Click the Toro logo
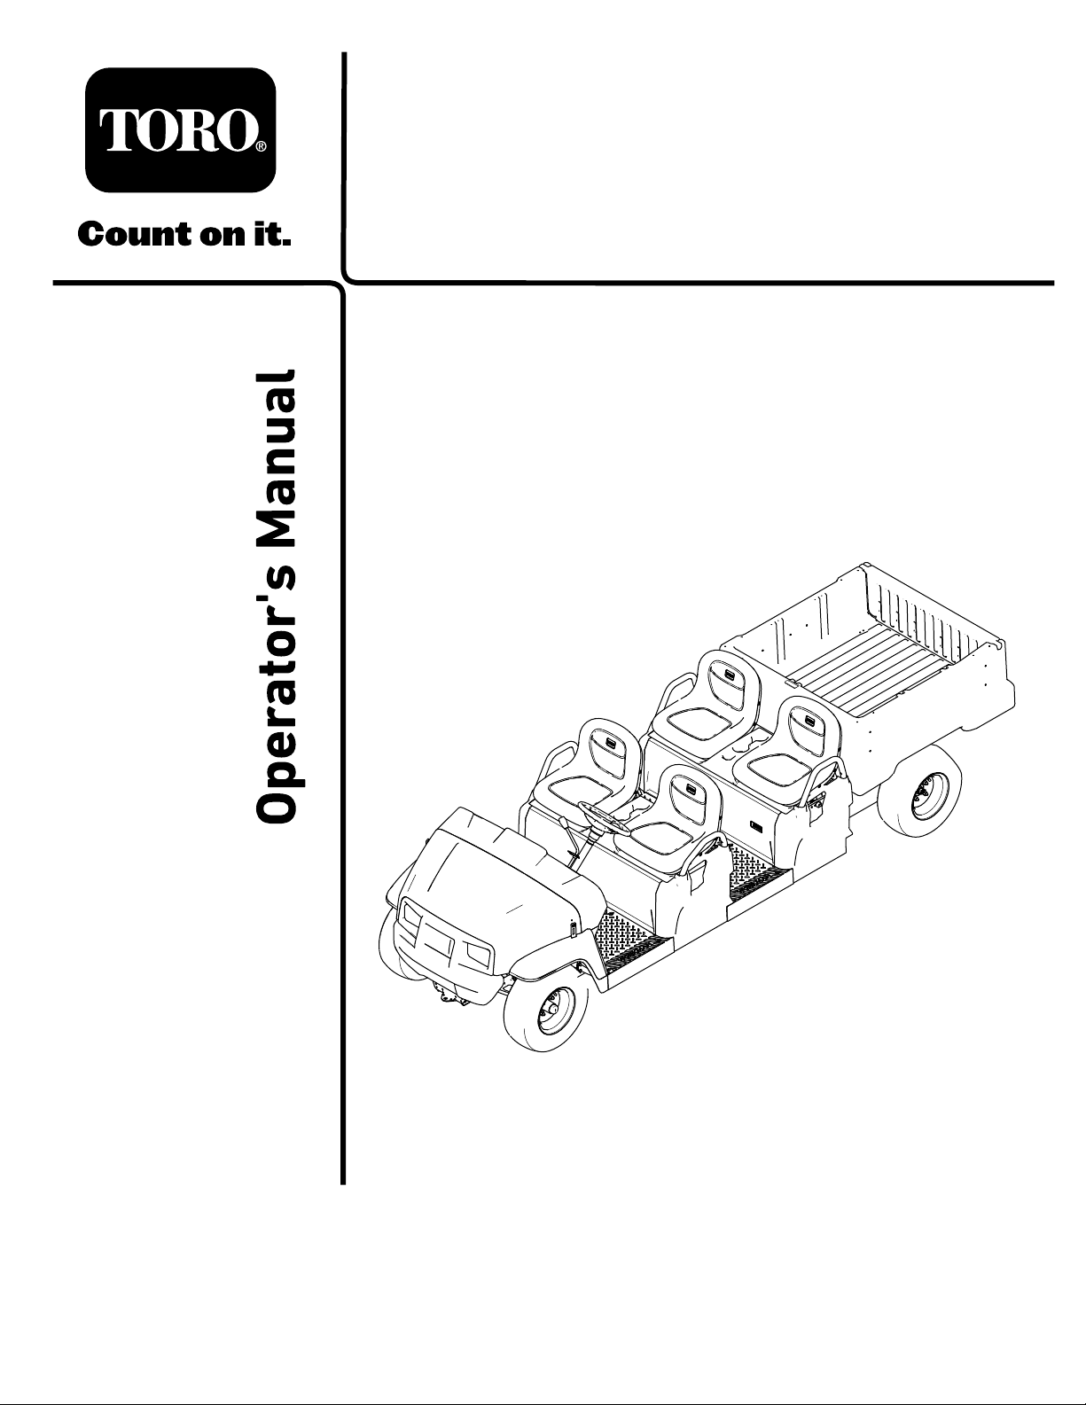[x=180, y=129]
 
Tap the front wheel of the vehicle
[x=546, y=1019]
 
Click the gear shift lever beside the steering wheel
[x=570, y=840]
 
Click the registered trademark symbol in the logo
[x=261, y=147]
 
